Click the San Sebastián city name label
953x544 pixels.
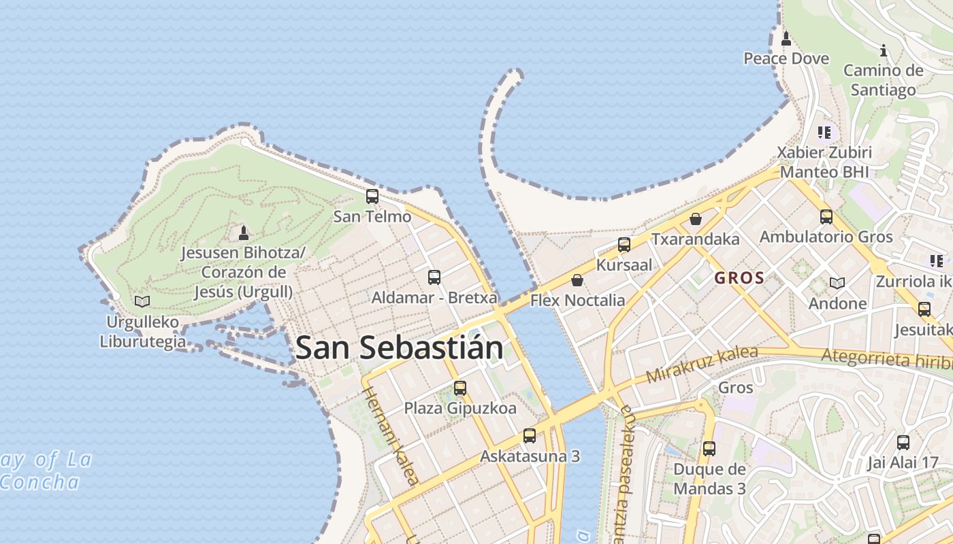point(400,347)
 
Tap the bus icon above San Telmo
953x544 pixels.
point(372,197)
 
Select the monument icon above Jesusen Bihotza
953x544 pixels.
point(244,233)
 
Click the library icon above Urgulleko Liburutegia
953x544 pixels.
point(142,301)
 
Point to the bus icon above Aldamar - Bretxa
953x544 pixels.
point(434,277)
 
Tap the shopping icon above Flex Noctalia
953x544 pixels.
point(577,280)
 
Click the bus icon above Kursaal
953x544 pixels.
point(624,245)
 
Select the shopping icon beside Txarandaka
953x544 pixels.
point(696,219)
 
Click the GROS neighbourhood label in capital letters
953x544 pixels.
point(739,278)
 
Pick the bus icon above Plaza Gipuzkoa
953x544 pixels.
point(460,388)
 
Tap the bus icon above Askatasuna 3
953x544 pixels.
point(530,436)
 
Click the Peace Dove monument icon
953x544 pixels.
point(786,38)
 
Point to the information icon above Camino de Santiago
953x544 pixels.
point(884,50)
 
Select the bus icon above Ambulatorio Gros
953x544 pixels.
point(826,217)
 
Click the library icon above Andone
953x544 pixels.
point(837,283)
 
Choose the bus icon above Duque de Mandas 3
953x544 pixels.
point(709,449)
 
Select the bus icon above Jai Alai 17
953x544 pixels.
point(903,443)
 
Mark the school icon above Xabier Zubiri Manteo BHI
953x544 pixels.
point(824,132)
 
